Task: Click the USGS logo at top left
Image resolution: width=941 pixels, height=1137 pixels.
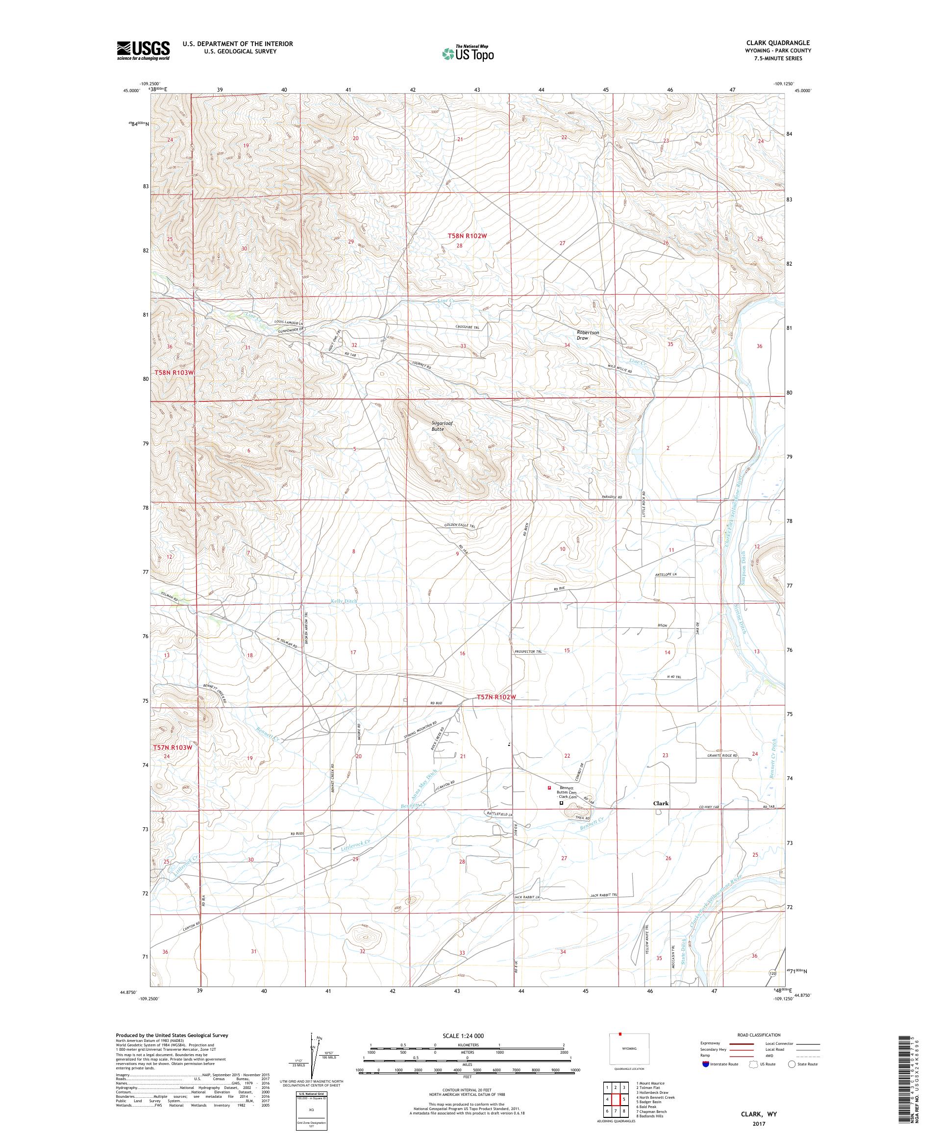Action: click(144, 50)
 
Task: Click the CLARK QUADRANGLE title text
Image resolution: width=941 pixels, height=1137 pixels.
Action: click(778, 43)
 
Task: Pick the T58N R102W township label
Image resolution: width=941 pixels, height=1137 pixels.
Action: click(468, 236)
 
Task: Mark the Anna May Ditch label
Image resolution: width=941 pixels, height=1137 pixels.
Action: click(423, 783)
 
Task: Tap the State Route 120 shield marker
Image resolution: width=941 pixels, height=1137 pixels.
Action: click(773, 973)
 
